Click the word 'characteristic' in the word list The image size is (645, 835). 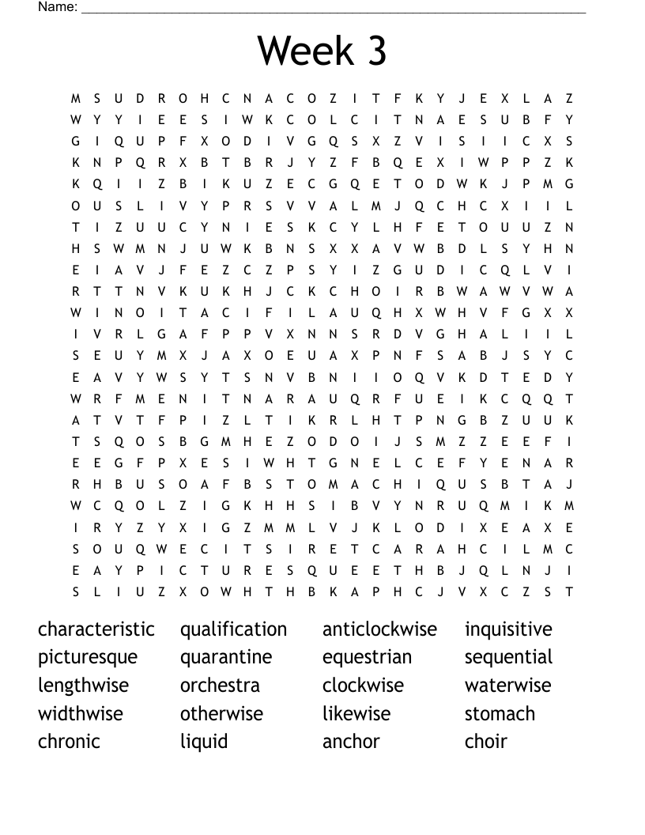[96, 629]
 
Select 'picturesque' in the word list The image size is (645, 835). [88, 658]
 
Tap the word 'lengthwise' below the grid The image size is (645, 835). [83, 686]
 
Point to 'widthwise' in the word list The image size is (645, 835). [81, 713]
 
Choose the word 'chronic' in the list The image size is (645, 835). [70, 742]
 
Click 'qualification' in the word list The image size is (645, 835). [233, 629]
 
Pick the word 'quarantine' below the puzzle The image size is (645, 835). [226, 658]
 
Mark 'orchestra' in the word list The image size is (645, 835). [220, 686]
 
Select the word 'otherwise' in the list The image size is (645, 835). [221, 713]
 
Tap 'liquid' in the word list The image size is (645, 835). [204, 742]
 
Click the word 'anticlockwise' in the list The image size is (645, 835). [379, 629]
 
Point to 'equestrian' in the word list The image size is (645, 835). [367, 658]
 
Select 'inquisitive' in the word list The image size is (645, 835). [508, 629]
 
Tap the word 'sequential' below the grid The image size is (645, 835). [508, 658]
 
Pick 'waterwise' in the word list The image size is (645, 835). [507, 686]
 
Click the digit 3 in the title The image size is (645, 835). [375, 51]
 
